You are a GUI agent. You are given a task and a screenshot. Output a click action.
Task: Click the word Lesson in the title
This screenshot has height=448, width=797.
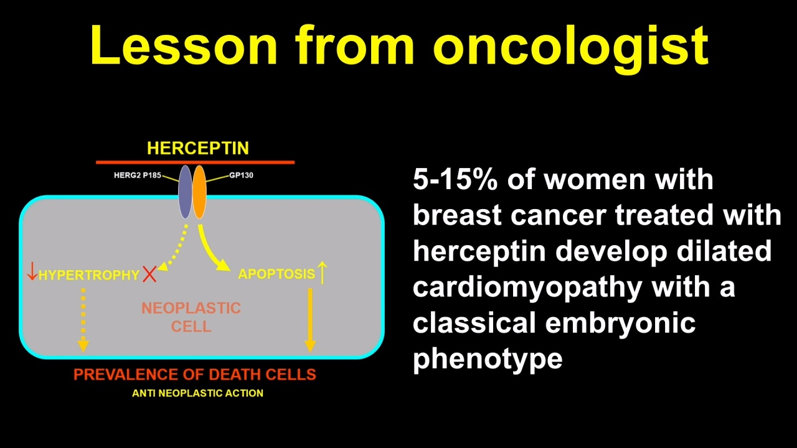click(x=184, y=45)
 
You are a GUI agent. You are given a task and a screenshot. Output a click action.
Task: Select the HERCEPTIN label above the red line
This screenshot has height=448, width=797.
click(x=198, y=148)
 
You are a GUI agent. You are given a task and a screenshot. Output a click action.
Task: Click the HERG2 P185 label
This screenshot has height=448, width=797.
click(x=138, y=175)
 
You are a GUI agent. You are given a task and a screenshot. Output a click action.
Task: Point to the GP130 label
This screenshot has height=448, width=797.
click(x=241, y=175)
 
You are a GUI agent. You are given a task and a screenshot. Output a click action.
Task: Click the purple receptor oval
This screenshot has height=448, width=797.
click(x=185, y=192)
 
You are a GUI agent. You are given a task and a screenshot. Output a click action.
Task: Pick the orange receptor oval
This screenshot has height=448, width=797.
click(x=199, y=192)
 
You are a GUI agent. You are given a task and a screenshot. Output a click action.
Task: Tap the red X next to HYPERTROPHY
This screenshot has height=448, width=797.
click(x=149, y=274)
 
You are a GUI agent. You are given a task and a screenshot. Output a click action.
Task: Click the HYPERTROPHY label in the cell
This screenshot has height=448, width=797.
click(x=89, y=275)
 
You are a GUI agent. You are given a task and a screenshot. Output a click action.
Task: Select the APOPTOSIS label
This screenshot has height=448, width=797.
click(x=276, y=274)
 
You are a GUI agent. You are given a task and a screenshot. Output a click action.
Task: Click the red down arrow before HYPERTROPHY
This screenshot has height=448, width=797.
click(x=32, y=271)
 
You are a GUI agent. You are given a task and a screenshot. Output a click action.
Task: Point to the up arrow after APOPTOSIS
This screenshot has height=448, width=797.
click(x=323, y=273)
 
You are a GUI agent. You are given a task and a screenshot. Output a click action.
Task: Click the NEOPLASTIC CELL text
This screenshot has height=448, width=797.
click(x=191, y=317)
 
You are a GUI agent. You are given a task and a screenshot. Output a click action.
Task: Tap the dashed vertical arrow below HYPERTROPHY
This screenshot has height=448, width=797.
click(x=83, y=320)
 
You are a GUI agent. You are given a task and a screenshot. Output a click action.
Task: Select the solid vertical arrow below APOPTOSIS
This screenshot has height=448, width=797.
click(x=310, y=320)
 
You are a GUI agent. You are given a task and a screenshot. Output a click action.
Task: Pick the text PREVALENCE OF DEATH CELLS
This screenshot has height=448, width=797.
click(x=195, y=375)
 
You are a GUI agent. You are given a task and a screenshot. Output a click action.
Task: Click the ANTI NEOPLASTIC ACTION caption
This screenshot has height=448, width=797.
click(x=197, y=393)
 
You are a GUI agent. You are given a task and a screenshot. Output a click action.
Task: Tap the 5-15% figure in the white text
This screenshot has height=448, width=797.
click(x=455, y=180)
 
